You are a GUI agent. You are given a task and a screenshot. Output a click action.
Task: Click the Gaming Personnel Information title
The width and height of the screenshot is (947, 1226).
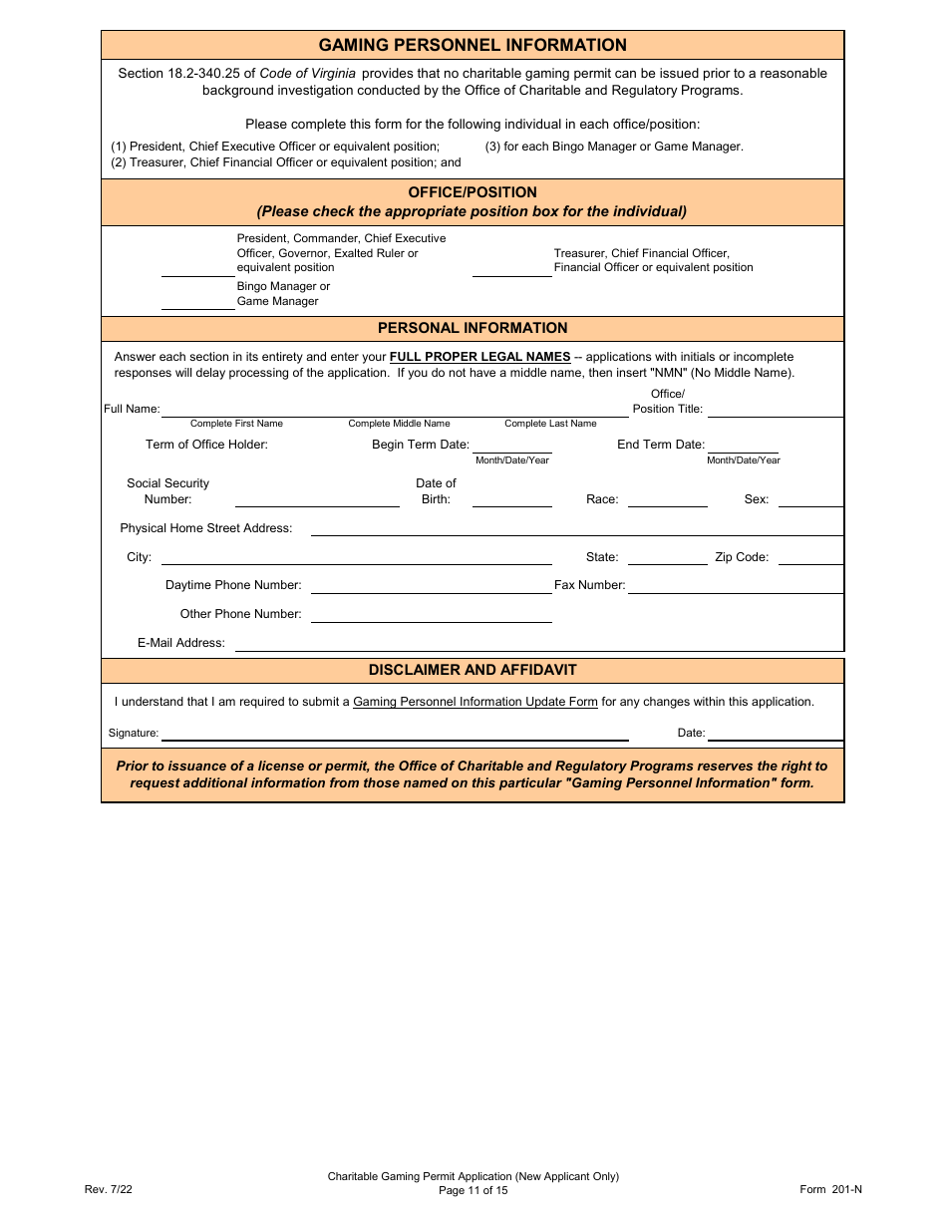point(473,45)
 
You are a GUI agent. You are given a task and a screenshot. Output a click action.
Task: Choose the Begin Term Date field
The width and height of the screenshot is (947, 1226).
point(511,445)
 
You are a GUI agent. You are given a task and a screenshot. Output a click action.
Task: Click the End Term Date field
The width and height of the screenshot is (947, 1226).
point(743,445)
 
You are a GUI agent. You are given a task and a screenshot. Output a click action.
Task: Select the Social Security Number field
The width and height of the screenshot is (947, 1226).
point(317,498)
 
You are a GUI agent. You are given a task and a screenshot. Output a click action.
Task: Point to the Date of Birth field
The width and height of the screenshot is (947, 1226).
point(511,498)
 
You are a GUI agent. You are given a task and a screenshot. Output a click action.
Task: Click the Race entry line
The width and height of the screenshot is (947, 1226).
point(667,498)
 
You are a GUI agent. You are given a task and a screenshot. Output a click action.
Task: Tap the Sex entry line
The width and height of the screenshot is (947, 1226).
point(809,498)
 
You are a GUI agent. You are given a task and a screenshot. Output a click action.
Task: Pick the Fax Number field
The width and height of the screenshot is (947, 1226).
point(735,585)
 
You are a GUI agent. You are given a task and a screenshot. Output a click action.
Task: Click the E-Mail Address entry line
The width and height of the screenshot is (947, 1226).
point(539,643)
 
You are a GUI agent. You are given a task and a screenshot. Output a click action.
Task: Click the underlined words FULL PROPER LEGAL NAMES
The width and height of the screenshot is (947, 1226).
point(479,357)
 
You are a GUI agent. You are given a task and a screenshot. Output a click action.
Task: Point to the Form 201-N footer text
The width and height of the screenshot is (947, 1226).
point(830,1189)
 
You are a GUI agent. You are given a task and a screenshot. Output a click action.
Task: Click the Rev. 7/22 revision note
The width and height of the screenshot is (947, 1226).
point(108,1189)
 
